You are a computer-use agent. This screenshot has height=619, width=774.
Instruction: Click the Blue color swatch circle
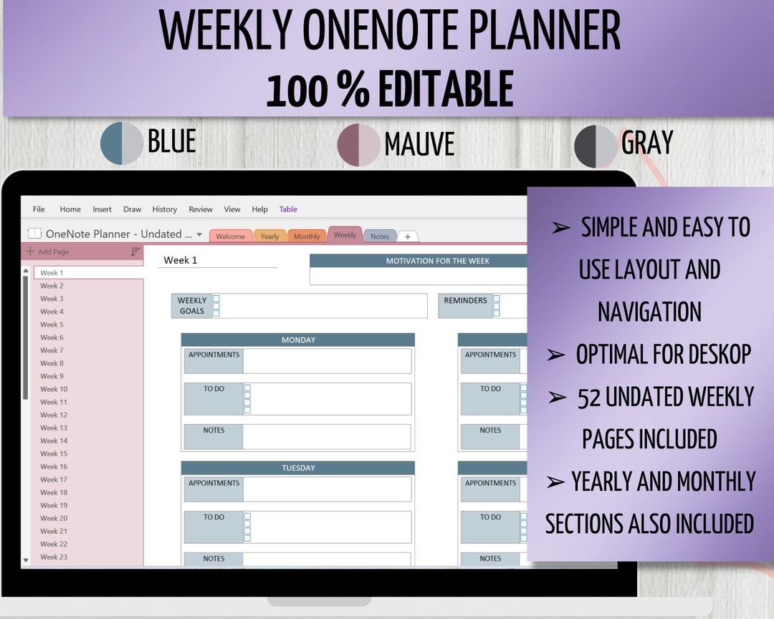tap(122, 143)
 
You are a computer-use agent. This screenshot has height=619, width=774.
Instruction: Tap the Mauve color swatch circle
tap(358, 145)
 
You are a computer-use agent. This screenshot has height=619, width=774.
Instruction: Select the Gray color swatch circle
tap(596, 146)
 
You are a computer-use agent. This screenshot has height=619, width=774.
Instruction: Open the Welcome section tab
tap(230, 236)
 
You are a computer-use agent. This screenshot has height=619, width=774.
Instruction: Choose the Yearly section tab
tap(269, 236)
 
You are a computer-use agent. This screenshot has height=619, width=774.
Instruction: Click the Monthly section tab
tap(307, 236)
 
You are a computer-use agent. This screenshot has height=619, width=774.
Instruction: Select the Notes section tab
tap(380, 236)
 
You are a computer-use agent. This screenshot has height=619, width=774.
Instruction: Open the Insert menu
tap(102, 209)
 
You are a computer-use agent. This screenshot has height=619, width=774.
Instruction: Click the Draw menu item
tap(132, 209)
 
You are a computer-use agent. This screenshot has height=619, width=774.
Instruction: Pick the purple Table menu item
tap(288, 209)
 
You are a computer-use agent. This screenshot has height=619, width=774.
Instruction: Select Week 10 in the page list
tap(54, 389)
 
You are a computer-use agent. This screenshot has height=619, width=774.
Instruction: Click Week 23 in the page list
tap(54, 557)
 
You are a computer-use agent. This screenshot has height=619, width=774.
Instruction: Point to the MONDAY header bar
tap(298, 340)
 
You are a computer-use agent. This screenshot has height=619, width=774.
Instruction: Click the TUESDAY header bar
tap(298, 468)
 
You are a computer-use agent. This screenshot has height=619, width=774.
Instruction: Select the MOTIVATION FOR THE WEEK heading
tap(437, 261)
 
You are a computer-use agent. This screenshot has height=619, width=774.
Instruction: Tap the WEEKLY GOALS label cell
tap(191, 306)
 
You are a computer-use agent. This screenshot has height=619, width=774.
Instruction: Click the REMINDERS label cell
tap(465, 301)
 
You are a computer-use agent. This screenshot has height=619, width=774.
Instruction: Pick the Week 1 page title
tap(181, 260)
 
